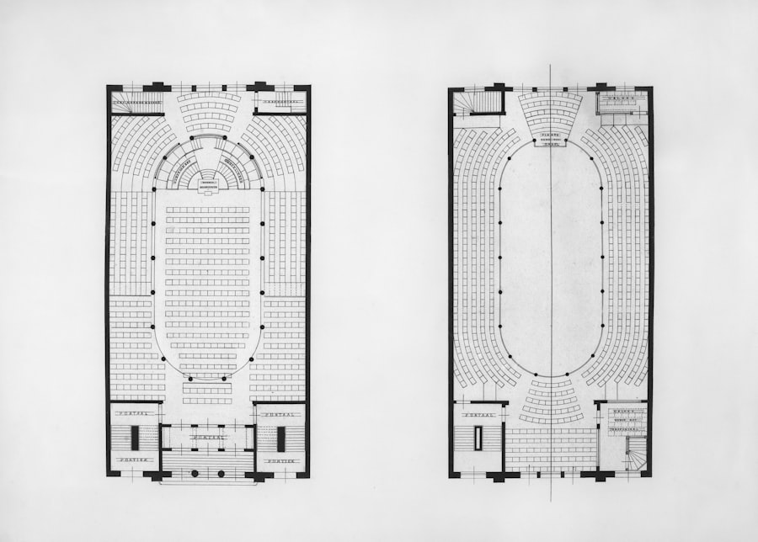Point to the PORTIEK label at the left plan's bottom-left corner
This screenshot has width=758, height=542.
point(134,460)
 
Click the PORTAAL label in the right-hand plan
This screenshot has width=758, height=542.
point(478,413)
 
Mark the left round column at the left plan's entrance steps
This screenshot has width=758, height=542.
point(195,474)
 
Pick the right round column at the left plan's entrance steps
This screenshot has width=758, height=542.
point(222,474)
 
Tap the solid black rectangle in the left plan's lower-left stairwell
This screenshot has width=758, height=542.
point(135,438)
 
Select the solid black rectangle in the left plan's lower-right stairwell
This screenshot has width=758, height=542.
point(280,438)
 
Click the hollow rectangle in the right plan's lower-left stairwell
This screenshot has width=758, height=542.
point(478,439)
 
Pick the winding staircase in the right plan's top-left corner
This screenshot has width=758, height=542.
point(478,103)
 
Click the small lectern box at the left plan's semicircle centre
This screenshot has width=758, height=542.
point(207,180)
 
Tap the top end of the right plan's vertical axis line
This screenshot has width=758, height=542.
point(551,66)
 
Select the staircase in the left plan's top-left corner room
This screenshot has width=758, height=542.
point(135,104)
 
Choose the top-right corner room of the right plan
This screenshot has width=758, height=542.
point(622,102)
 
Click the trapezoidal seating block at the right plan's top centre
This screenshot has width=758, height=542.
point(550,113)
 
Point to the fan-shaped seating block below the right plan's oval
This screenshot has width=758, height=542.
point(551,402)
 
